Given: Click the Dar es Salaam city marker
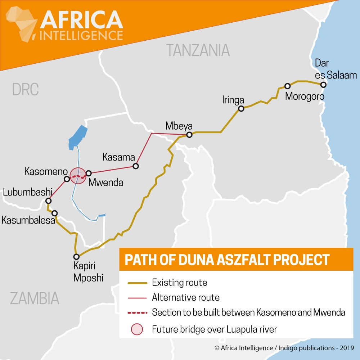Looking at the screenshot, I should coord(323,85).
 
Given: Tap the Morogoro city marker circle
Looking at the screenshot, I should coord(287,86).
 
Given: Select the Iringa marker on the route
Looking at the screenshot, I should coord(241,109).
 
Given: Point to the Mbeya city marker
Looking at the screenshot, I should coord(189,135).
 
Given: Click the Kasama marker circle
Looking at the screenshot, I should coord(135,166).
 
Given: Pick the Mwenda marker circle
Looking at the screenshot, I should coord(89,174).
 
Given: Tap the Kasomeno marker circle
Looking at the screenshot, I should coord(67,179).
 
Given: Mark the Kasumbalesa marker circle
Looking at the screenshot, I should coord(55,213).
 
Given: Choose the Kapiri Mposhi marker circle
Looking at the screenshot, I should coord(76,257).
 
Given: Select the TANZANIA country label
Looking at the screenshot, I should coord(198,50).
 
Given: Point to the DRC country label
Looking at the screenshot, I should coord(25,89).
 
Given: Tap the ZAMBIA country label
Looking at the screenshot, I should coord(34,298).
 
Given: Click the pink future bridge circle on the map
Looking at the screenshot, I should coord(78,176).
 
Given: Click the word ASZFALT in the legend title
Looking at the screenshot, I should coord(251,260).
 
